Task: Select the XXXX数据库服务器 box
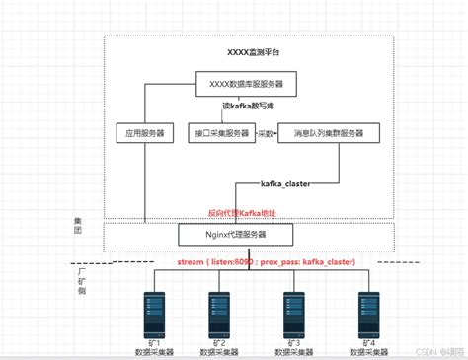click(245, 85)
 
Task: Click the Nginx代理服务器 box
click(234, 235)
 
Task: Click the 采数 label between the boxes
click(265, 132)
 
